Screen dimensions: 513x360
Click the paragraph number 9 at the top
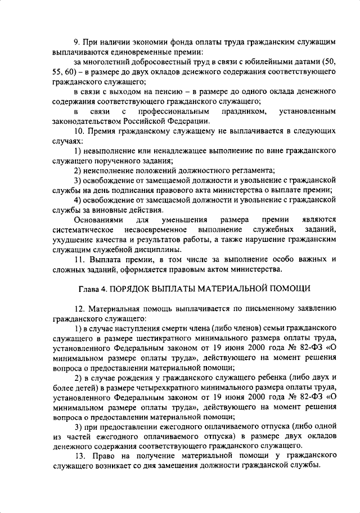[x=78, y=42]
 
